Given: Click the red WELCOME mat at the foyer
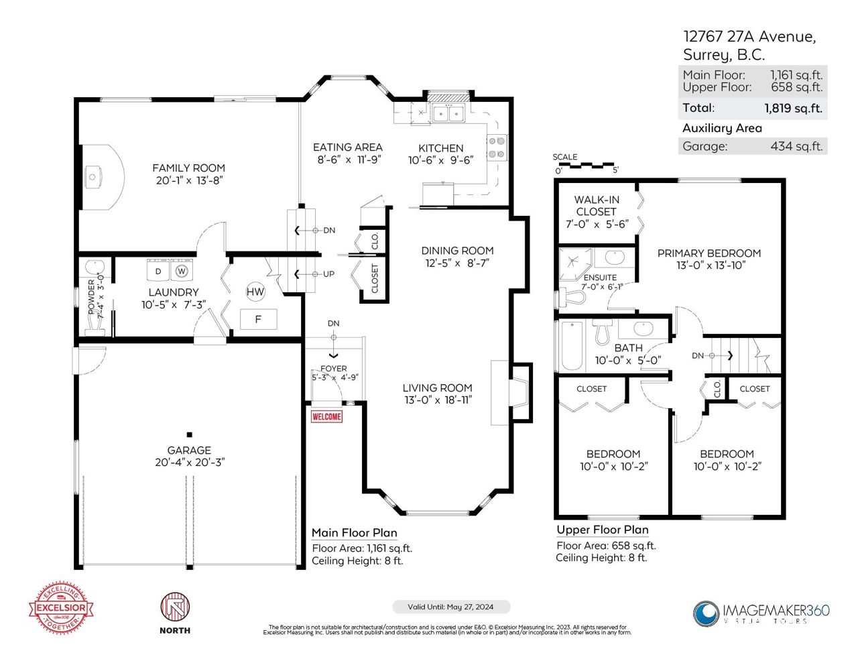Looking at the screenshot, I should point(326,416).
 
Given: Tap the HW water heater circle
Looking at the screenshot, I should point(255,292).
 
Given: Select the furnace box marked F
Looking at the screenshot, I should point(258,319).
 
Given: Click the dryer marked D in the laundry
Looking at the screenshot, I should point(159,271).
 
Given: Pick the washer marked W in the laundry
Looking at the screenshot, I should point(181,271).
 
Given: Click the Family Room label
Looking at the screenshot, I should point(188,168).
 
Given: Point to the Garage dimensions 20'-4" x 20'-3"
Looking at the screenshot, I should point(190,462).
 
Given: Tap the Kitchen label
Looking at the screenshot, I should point(440,148).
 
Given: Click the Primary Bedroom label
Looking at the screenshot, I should point(709,253).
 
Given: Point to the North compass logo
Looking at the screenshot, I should point(175,609).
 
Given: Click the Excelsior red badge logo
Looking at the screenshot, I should point(61,607).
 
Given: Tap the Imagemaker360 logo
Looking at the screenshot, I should point(761,613).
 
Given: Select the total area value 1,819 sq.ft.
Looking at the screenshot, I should point(793,108).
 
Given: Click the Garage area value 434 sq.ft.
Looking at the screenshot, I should point(796,146).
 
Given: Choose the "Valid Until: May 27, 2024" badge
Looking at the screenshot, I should point(450,607).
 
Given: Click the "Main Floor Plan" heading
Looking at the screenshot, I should point(354,533).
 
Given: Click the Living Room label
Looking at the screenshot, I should point(437,387).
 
